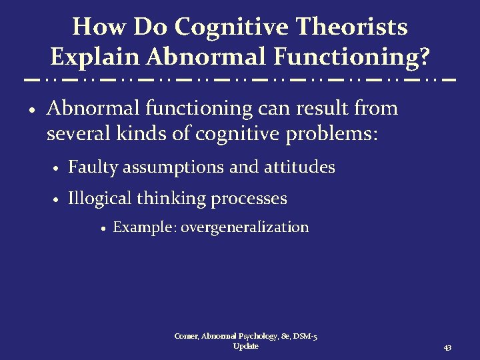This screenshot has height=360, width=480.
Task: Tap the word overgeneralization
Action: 245,227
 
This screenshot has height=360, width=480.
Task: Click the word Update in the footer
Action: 245,346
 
